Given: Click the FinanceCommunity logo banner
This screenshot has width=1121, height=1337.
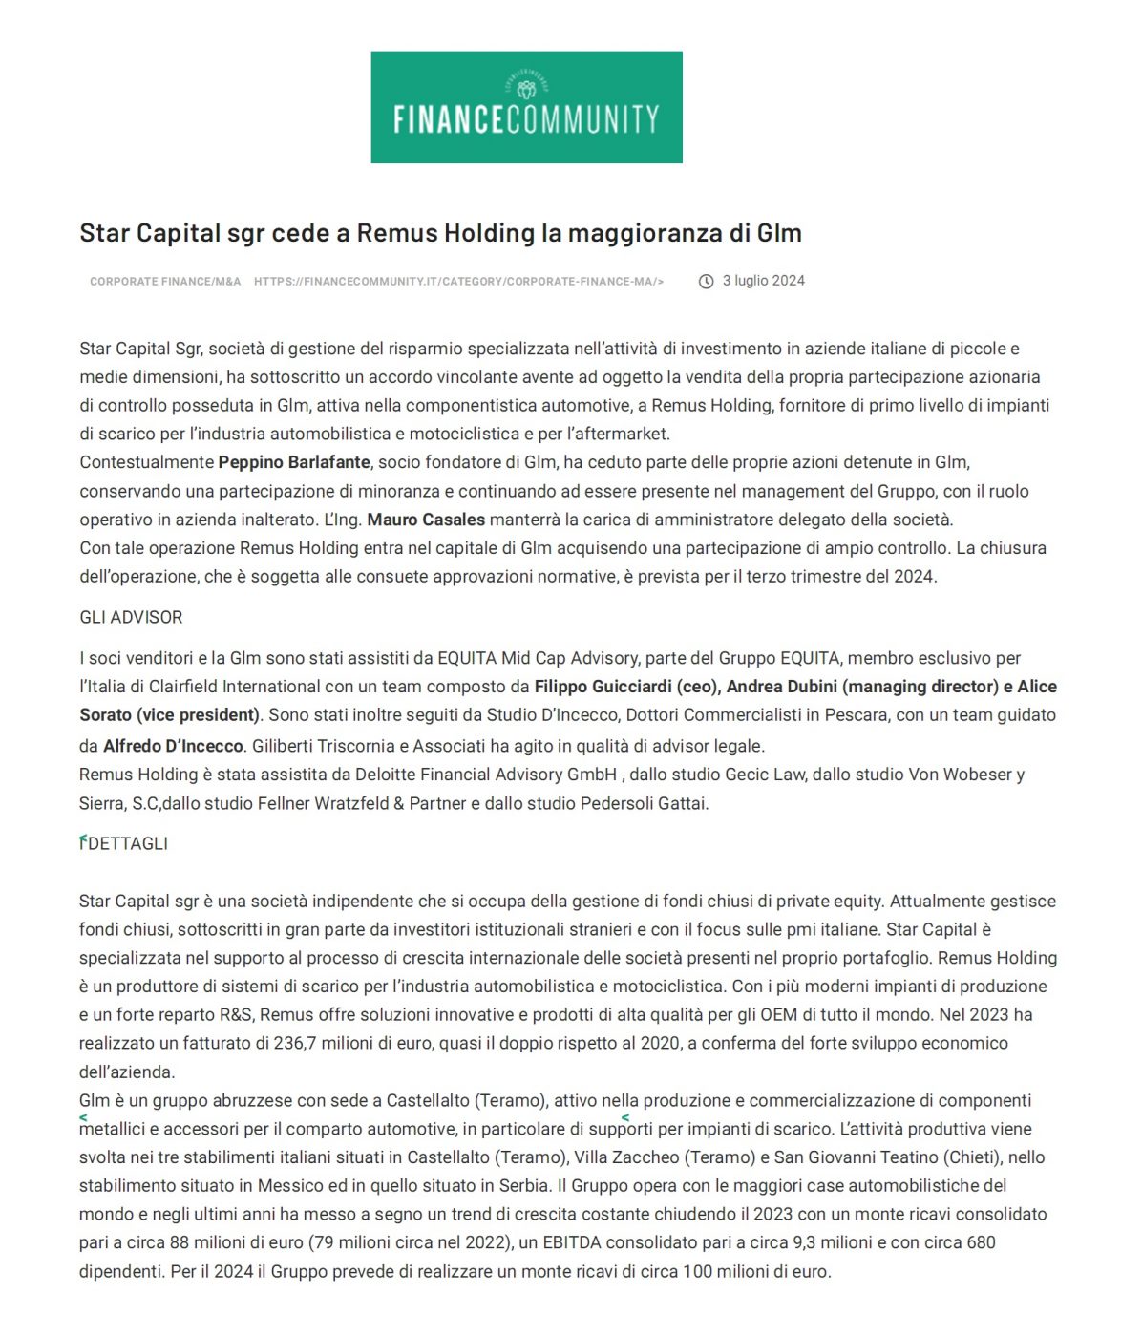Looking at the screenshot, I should coord(526,107).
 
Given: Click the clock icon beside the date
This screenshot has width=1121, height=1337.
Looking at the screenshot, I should coord(707,281).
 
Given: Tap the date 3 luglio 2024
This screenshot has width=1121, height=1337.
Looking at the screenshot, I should coord(763,281).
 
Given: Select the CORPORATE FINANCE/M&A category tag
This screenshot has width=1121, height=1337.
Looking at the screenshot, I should coord(165,282).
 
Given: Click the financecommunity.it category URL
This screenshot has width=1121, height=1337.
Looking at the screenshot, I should coord(458,282).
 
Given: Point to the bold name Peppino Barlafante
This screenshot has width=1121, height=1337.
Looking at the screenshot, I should coord(294,462).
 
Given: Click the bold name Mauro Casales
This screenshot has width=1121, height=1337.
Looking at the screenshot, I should coord(426,520).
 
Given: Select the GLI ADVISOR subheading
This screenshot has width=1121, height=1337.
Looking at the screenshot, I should coord(131,618).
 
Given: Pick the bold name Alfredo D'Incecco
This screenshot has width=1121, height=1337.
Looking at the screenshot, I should coord(173,746).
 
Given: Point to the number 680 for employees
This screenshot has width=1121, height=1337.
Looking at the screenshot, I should coord(981,1242).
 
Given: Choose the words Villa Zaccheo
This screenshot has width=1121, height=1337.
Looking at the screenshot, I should coord(626,1157).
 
